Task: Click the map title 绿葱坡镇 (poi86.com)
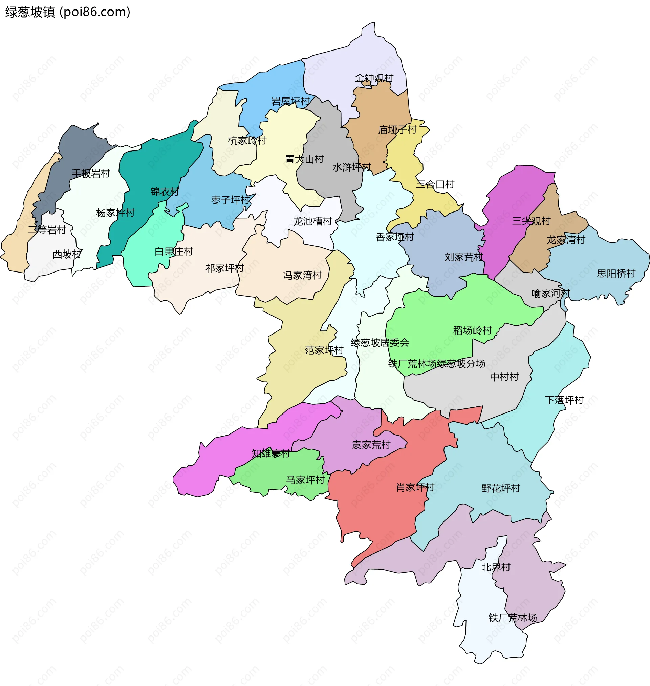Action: [68, 12]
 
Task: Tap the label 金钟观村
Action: [374, 78]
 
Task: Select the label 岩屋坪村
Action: [290, 101]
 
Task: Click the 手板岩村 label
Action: [91, 174]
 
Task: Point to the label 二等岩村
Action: [47, 229]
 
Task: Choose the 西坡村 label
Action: [67, 254]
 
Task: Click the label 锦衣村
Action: [165, 191]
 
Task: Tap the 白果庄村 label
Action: [174, 251]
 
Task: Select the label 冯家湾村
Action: [302, 275]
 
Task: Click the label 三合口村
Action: [435, 184]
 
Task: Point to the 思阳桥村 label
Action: [616, 274]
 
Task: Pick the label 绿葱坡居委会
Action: [380, 343]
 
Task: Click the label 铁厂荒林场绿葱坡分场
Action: [436, 363]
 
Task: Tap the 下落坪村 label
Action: [564, 400]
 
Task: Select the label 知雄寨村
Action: [270, 453]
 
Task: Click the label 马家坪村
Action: [305, 480]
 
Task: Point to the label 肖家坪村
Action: [415, 487]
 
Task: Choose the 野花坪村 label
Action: [501, 488]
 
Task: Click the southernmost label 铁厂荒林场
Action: [513, 618]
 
